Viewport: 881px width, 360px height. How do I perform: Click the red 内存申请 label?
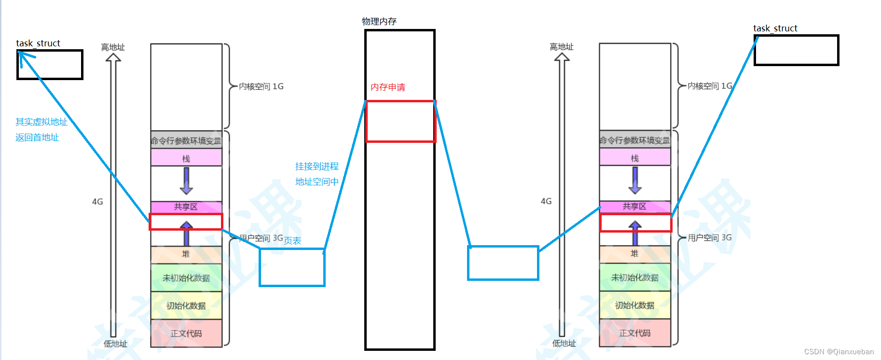click(387, 87)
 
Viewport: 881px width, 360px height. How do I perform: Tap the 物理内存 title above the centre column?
click(379, 21)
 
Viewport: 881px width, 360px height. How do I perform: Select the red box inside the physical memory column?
click(400, 121)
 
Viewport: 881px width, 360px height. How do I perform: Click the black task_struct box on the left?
click(50, 65)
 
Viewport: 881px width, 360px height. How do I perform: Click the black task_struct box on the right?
click(796, 50)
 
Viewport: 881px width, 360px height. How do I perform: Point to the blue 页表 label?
click(292, 241)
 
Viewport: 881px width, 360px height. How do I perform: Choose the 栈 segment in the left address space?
click(186, 158)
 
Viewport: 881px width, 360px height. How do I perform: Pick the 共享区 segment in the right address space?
click(634, 206)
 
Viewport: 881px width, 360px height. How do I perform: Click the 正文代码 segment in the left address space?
click(186, 333)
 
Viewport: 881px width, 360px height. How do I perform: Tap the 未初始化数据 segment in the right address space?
click(634, 277)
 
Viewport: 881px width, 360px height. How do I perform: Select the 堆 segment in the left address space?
click(186, 254)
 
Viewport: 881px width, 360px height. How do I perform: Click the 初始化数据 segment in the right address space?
click(634, 305)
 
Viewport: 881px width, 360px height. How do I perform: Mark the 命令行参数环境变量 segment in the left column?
click(186, 140)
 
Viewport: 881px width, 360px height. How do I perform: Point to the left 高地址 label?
click(113, 47)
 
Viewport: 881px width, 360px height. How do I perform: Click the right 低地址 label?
click(564, 343)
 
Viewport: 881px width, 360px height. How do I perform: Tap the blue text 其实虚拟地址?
click(41, 122)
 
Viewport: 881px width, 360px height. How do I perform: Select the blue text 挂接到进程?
click(317, 166)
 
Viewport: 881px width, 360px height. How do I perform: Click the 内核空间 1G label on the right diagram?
click(710, 86)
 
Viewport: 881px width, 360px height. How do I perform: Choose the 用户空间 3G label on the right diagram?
click(709, 237)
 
